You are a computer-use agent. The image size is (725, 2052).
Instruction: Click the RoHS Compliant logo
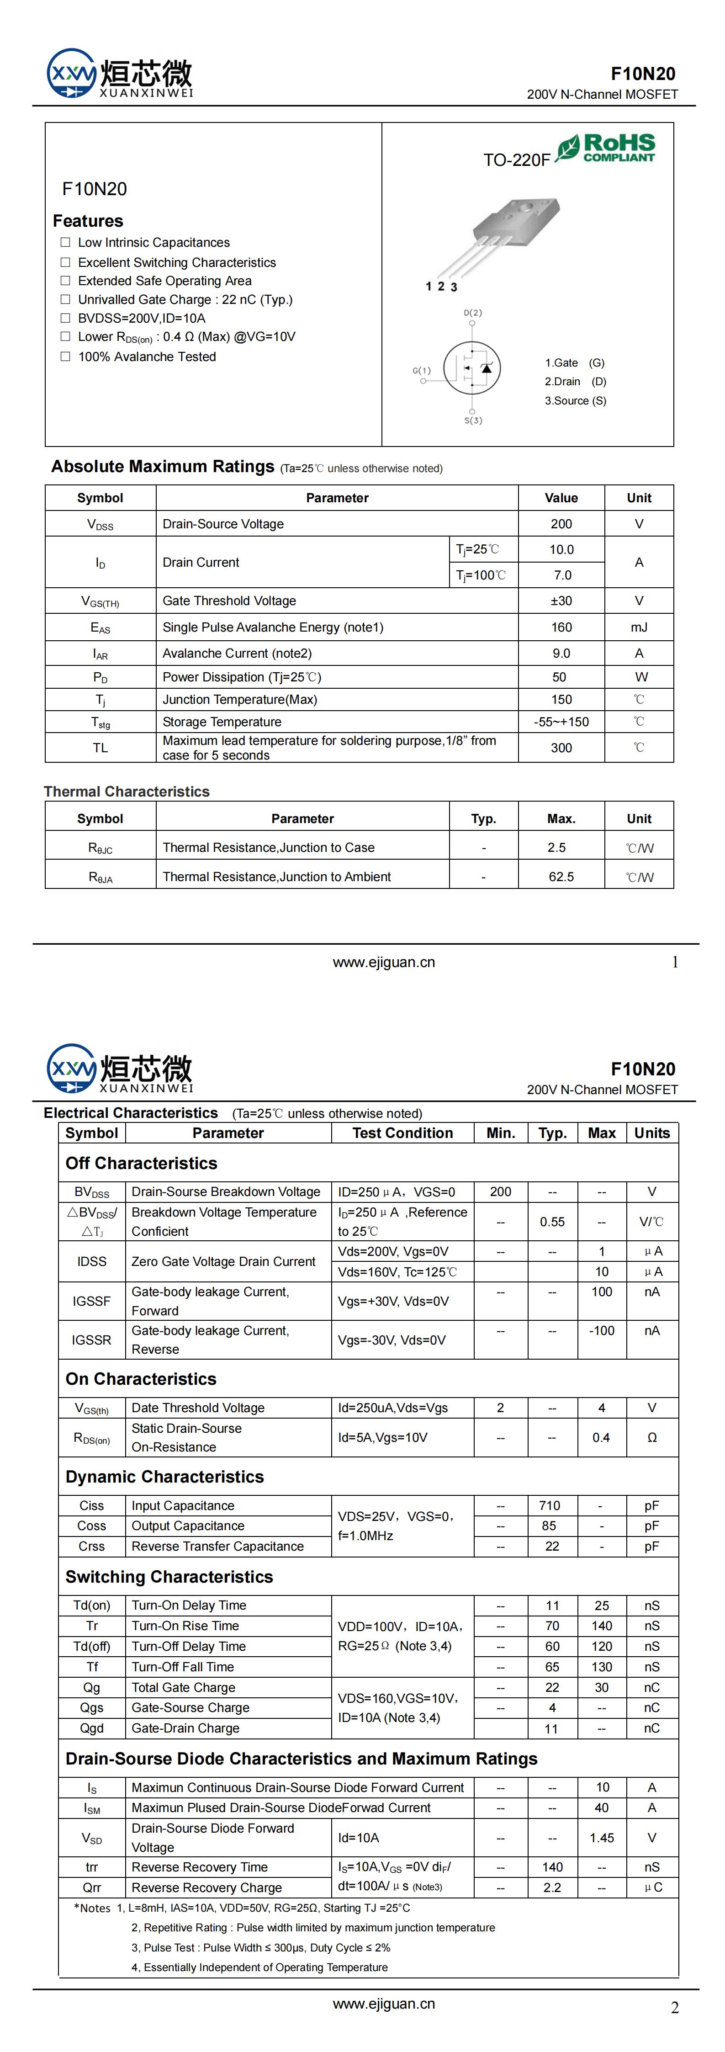[x=607, y=148]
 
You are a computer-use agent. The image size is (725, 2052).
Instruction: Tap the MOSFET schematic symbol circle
[x=471, y=367]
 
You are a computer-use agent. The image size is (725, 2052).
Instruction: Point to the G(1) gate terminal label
[x=422, y=371]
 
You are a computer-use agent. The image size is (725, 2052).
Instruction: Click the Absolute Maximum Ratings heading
[x=163, y=467]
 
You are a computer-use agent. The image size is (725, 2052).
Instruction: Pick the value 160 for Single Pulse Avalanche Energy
[x=561, y=627]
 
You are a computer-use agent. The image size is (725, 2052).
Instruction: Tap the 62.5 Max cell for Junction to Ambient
[x=561, y=876]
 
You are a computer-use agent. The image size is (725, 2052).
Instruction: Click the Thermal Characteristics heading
[x=127, y=791]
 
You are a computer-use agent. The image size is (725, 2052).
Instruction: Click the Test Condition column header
[x=402, y=1133]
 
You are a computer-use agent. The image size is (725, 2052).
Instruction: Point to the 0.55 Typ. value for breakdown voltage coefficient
[x=552, y=1221]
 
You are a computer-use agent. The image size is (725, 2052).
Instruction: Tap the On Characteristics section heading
[x=141, y=1379]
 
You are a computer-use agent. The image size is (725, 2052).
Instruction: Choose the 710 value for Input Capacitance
[x=549, y=1505]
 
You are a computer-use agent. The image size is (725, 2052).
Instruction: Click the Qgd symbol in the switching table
[x=92, y=1728]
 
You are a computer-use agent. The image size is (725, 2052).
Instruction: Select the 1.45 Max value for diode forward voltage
[x=602, y=1838]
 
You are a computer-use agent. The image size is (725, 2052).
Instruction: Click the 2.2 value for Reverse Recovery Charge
[x=552, y=1887]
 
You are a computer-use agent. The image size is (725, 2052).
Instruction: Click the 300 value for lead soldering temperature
[x=561, y=747]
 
